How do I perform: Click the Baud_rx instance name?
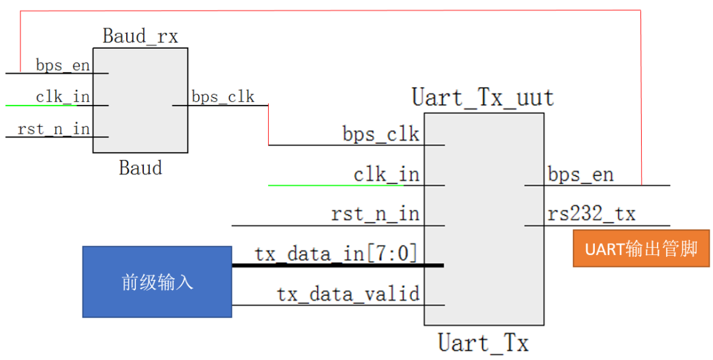(x=140, y=36)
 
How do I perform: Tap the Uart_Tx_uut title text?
(x=483, y=98)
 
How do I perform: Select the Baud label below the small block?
(x=140, y=168)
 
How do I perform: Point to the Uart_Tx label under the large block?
(x=483, y=343)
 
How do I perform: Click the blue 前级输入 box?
(x=157, y=282)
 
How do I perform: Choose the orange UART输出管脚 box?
(x=641, y=248)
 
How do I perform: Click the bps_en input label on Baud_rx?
(x=63, y=65)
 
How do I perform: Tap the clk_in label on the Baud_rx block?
(x=63, y=97)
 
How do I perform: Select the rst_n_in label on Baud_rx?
(x=53, y=129)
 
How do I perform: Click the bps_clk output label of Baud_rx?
(x=222, y=97)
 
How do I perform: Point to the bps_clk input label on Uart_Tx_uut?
(x=381, y=135)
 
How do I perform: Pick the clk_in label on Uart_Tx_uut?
(x=386, y=175)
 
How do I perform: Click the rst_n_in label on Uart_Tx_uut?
(x=375, y=215)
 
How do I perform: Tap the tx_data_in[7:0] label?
(x=336, y=254)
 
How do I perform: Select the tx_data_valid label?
(x=348, y=294)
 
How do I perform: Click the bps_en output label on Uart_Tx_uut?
(x=580, y=175)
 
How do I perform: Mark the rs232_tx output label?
(x=591, y=214)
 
